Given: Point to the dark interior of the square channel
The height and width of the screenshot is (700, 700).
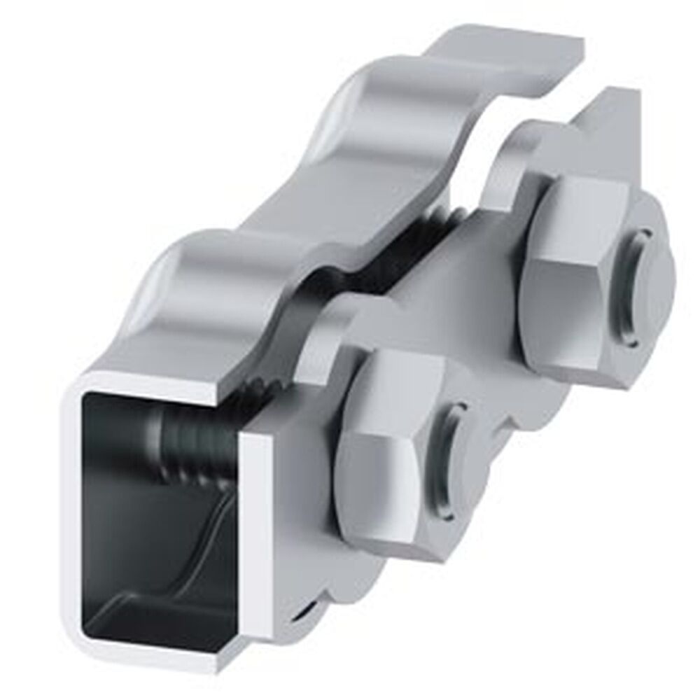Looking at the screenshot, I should [140, 532].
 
